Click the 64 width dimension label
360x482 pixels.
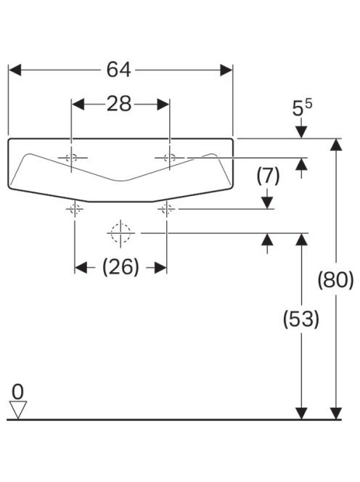pyautogui.click(x=118, y=70)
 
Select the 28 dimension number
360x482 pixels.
pyautogui.click(x=119, y=104)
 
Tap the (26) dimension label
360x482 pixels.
pyautogui.click(x=120, y=267)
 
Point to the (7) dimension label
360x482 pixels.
pyautogui.click(x=268, y=176)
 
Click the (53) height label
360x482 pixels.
pyautogui.click(x=301, y=319)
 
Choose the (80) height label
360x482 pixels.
pyautogui.click(x=336, y=280)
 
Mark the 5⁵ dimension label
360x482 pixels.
pyautogui.click(x=302, y=107)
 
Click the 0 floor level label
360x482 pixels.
pyautogui.click(x=17, y=392)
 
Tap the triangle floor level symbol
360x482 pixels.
pyautogui.click(x=18, y=409)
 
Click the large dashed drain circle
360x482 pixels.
pyautogui.click(x=120, y=233)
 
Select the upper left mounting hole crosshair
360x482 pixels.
pyautogui.click(x=72, y=158)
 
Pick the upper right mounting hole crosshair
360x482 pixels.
pyautogui.click(x=170, y=158)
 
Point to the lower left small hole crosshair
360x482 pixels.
pyautogui.click(x=75, y=209)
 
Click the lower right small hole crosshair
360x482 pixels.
pyautogui.click(x=166, y=209)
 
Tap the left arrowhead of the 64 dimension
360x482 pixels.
pyautogui.click(x=15, y=70)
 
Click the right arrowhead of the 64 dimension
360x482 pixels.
pyautogui.click(x=226, y=70)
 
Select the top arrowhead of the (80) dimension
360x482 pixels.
pyautogui.click(x=336, y=144)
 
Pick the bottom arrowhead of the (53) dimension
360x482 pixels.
pyautogui.click(x=301, y=413)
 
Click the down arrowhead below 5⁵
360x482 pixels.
pyautogui.click(x=302, y=133)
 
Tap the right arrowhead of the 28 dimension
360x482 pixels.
pyautogui.click(x=163, y=105)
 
